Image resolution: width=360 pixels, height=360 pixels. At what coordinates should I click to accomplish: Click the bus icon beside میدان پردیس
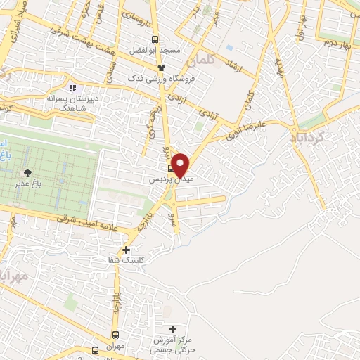[171, 169]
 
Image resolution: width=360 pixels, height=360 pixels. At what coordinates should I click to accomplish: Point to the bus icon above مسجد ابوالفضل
[155, 40]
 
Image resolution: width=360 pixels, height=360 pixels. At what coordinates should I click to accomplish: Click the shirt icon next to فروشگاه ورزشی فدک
[162, 67]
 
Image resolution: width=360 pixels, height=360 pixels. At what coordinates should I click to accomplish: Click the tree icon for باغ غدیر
[27, 173]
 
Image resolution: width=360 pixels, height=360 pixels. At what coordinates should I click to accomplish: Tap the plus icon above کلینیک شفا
[126, 250]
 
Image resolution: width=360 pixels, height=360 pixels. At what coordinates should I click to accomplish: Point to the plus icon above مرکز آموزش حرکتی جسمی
[173, 328]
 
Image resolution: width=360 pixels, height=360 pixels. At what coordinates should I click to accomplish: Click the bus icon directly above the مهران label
[116, 334]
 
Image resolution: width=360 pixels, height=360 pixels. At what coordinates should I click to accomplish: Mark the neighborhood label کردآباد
[309, 138]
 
